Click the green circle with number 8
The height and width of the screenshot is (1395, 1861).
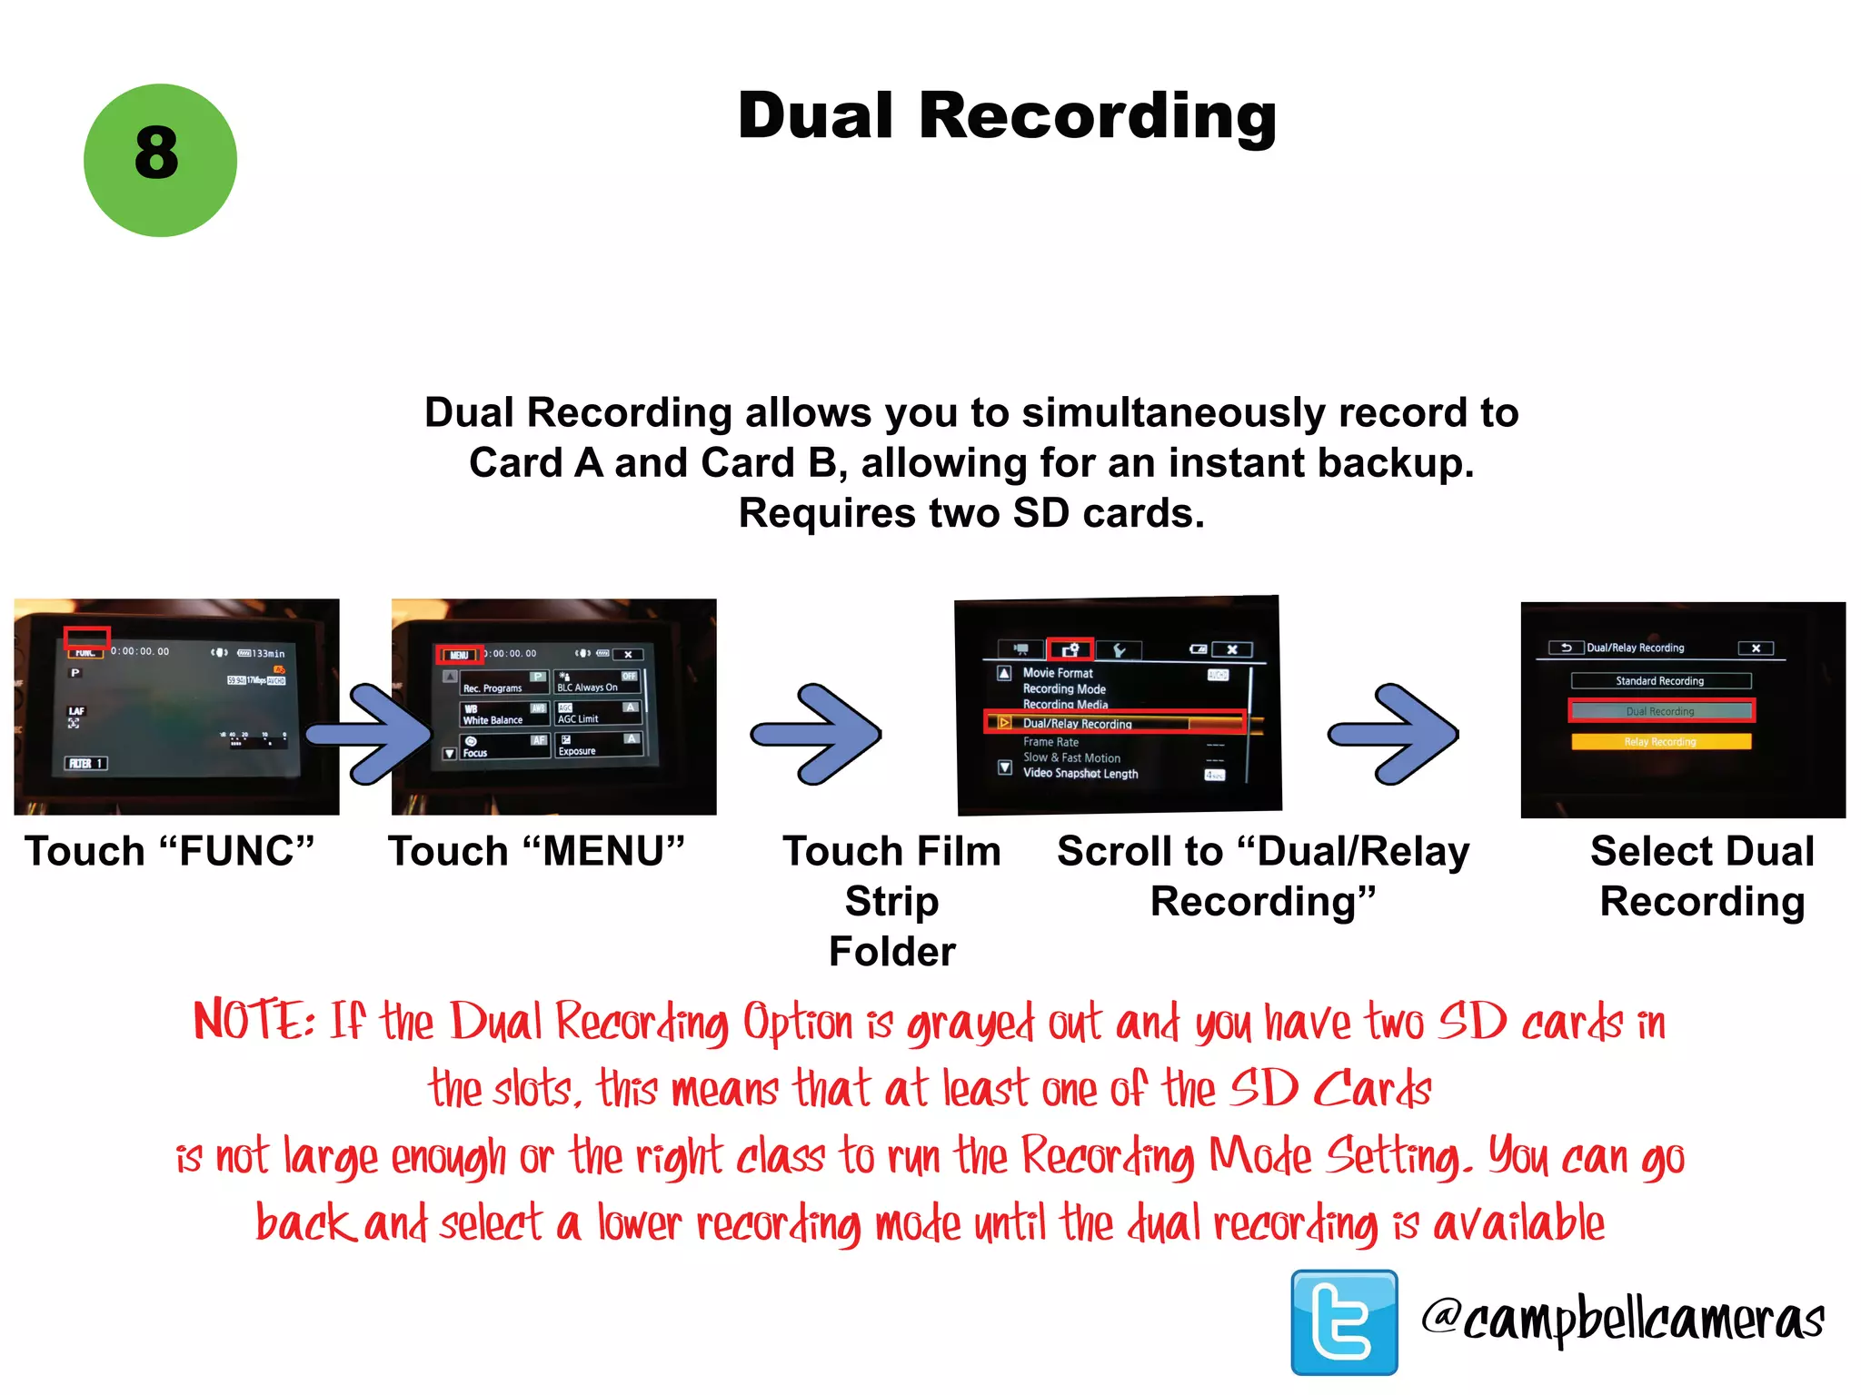[x=160, y=161]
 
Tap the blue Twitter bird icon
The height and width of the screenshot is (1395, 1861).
[x=1344, y=1321]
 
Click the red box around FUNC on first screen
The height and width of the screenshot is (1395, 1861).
[x=86, y=638]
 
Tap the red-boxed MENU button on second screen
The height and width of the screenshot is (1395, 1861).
[x=460, y=655]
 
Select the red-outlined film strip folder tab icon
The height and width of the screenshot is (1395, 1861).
[x=1070, y=649]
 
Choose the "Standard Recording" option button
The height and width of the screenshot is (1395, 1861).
[x=1660, y=681]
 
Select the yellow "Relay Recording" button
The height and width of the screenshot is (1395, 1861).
[x=1660, y=742]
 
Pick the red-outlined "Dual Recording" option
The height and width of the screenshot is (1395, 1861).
[x=1660, y=711]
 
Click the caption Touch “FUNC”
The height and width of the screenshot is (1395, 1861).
[x=170, y=852]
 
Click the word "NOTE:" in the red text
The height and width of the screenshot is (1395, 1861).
[x=254, y=1021]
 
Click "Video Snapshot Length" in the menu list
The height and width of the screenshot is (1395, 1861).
[x=1080, y=774]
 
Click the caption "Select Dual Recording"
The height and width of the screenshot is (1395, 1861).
[x=1702, y=876]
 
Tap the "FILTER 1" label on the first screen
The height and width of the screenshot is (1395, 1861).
[x=86, y=764]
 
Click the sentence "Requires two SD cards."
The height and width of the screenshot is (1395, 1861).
[x=971, y=514]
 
